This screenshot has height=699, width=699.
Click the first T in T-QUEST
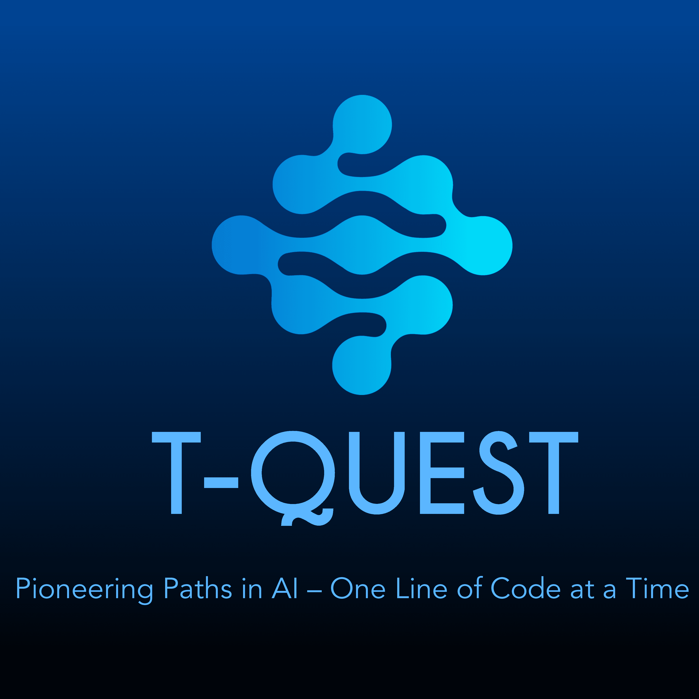click(176, 473)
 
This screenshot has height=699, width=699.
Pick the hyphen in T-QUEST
click(221, 483)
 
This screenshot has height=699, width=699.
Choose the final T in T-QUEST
click(554, 473)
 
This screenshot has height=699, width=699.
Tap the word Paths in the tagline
click(198, 588)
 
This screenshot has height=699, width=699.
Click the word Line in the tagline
click(422, 588)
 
